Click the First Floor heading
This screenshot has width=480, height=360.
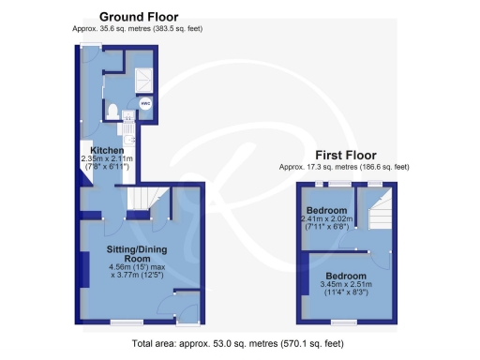click(x=344, y=155)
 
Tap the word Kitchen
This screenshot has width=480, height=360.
click(x=108, y=150)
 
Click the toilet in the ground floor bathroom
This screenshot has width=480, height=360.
click(x=113, y=112)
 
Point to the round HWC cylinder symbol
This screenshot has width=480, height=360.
click(x=146, y=102)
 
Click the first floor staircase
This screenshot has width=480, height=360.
click(x=381, y=217)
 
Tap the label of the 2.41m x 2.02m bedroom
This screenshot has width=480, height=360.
click(x=327, y=209)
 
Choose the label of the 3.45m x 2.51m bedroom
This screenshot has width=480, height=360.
click(x=347, y=276)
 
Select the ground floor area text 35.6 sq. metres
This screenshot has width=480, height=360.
click(x=137, y=29)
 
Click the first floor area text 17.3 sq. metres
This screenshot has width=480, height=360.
click(x=344, y=167)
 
